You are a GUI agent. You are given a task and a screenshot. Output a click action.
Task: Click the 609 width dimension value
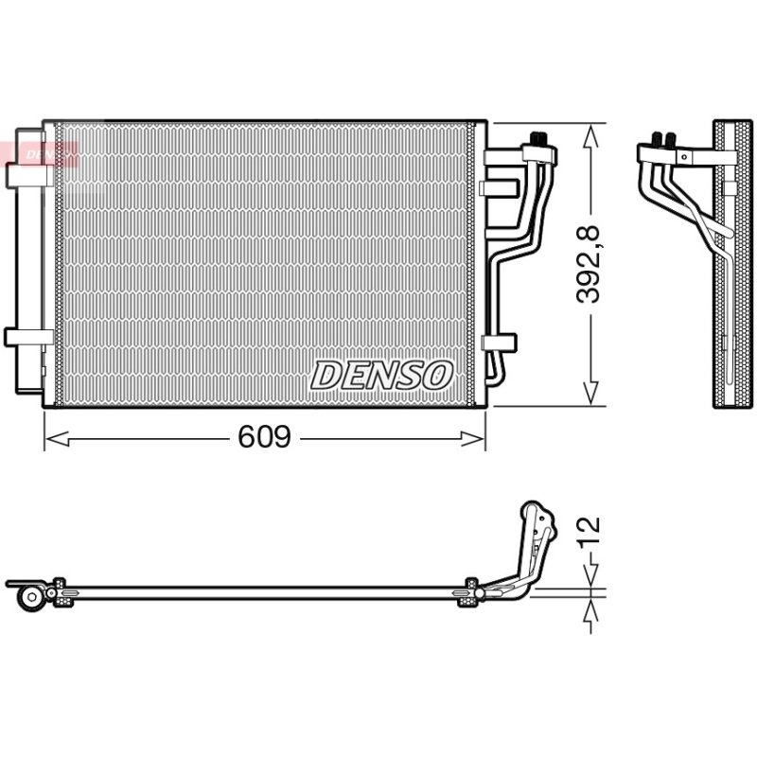pyautogui.click(x=265, y=436)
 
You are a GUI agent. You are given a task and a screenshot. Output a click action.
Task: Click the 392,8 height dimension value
pyautogui.click(x=589, y=265)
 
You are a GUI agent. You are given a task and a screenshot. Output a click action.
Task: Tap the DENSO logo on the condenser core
pyautogui.click(x=381, y=375)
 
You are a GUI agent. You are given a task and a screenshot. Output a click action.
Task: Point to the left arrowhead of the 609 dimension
pyautogui.click(x=57, y=439)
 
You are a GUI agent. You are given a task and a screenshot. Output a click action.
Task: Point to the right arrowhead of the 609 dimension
pyautogui.click(x=472, y=439)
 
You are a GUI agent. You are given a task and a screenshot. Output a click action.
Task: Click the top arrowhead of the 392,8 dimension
pyautogui.click(x=590, y=136)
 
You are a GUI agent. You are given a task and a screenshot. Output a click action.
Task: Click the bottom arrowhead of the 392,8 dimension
pyautogui.click(x=590, y=393)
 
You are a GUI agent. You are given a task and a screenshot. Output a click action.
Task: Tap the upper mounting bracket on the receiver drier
pyautogui.click(x=30, y=175)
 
